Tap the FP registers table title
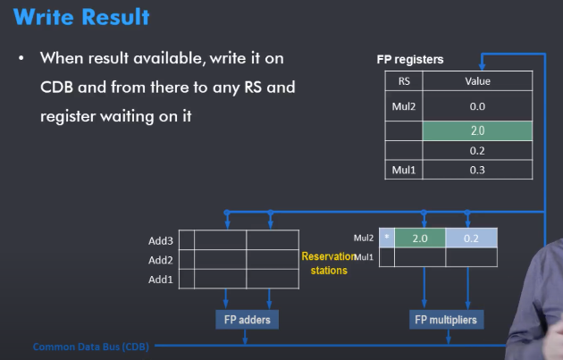pos(410,60)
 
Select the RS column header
pos(403,81)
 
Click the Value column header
pos(477,81)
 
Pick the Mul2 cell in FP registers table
pos(403,105)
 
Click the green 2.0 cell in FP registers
pos(477,130)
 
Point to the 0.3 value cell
pos(477,170)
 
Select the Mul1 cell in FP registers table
pos(403,170)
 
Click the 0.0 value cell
pos(477,105)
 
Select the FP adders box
pos(246,319)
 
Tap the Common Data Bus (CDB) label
pos(90,347)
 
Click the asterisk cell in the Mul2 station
pos(386,239)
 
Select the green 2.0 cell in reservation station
pos(419,239)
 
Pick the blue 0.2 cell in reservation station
pos(471,239)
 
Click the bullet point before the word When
pos(20,59)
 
